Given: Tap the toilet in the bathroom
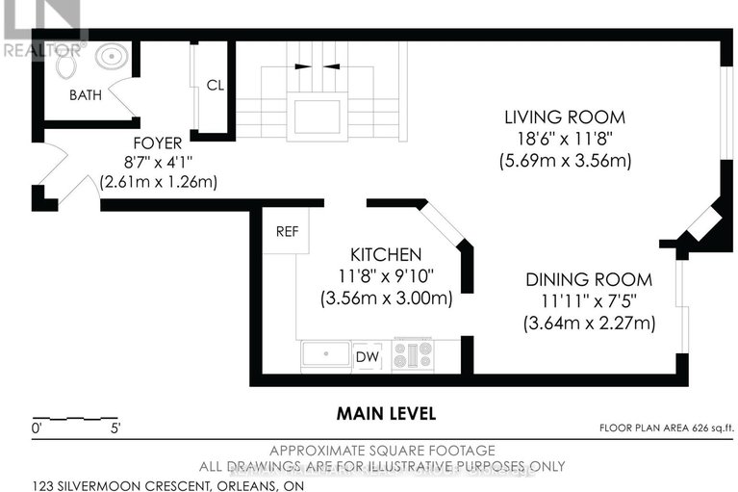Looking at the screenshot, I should [66, 64].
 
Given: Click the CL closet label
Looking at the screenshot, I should [215, 85].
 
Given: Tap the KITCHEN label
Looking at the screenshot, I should [385, 255].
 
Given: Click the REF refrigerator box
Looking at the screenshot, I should [287, 232].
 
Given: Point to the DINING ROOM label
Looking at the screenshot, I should [588, 280].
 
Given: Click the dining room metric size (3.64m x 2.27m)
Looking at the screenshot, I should [588, 324].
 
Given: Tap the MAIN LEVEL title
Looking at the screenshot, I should [386, 413].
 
